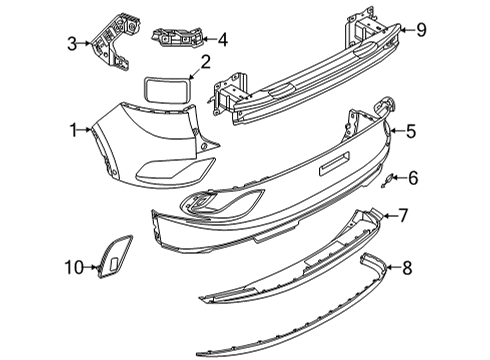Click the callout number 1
click(74, 130)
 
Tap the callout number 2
click(205, 62)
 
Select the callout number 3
click(72, 44)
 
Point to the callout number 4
click(223, 40)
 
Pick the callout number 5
click(411, 131)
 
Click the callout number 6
click(413, 178)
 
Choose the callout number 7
click(403, 215)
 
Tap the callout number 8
click(407, 268)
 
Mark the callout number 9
click(421, 30)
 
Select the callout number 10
click(74, 267)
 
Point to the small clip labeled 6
click(388, 180)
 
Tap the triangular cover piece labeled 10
click(115, 256)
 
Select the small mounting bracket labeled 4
click(177, 38)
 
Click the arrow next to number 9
click(407, 30)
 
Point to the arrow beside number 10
click(91, 267)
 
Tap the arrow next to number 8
click(393, 267)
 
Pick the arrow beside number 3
click(85, 43)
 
